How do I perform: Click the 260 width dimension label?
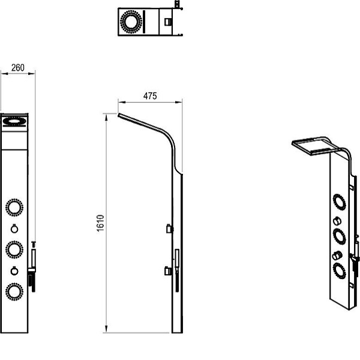click(17, 68)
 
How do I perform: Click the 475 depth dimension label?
click(150, 96)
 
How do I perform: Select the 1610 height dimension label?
click(101, 223)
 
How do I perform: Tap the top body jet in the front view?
click(14, 208)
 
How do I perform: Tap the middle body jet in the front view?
click(14, 250)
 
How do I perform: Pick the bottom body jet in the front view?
click(14, 292)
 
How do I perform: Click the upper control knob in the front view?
click(14, 229)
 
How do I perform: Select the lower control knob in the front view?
click(14, 271)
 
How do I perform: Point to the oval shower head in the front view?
click(14, 121)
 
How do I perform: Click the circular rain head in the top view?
click(131, 22)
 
